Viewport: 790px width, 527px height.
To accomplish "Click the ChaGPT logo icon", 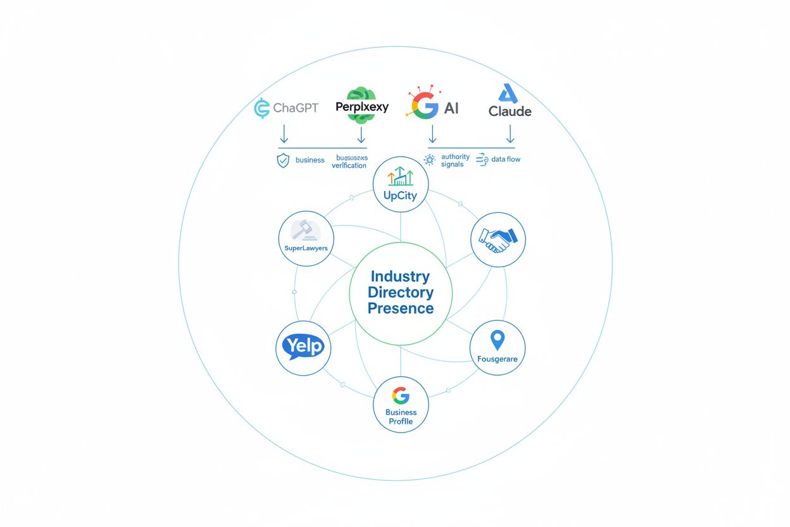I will coord(261,108).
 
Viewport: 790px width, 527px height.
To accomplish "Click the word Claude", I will coord(510,111).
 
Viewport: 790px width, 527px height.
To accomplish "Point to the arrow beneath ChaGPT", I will coord(284,133).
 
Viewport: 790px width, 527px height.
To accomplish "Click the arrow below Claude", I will coord(510,133).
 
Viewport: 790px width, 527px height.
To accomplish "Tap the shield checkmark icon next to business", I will coord(283,160).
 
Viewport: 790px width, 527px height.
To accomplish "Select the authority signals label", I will coord(455,160).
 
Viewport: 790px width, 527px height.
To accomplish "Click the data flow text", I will coord(505,159).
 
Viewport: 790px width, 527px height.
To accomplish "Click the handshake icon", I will coord(498,239).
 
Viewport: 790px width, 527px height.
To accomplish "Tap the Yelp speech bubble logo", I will coord(303,347).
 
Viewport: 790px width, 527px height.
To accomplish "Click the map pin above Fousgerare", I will coord(498,340).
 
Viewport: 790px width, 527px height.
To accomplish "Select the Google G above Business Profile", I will coord(401,396).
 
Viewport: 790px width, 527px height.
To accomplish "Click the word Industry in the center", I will coord(400,276).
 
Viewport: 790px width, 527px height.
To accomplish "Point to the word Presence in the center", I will coord(401,308).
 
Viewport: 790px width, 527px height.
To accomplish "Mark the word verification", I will coord(349,165).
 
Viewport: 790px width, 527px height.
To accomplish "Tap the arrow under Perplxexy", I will coord(361,133).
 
